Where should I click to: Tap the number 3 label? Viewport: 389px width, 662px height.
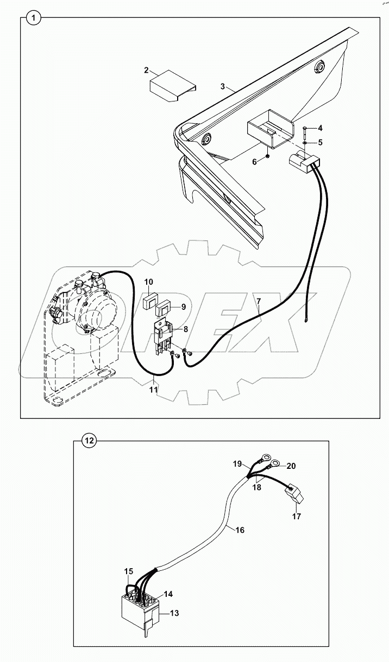point(223,87)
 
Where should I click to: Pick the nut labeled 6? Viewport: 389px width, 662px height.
point(268,157)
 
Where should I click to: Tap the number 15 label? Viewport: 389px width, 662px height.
point(128,571)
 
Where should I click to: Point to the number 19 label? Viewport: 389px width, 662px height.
point(237,463)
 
